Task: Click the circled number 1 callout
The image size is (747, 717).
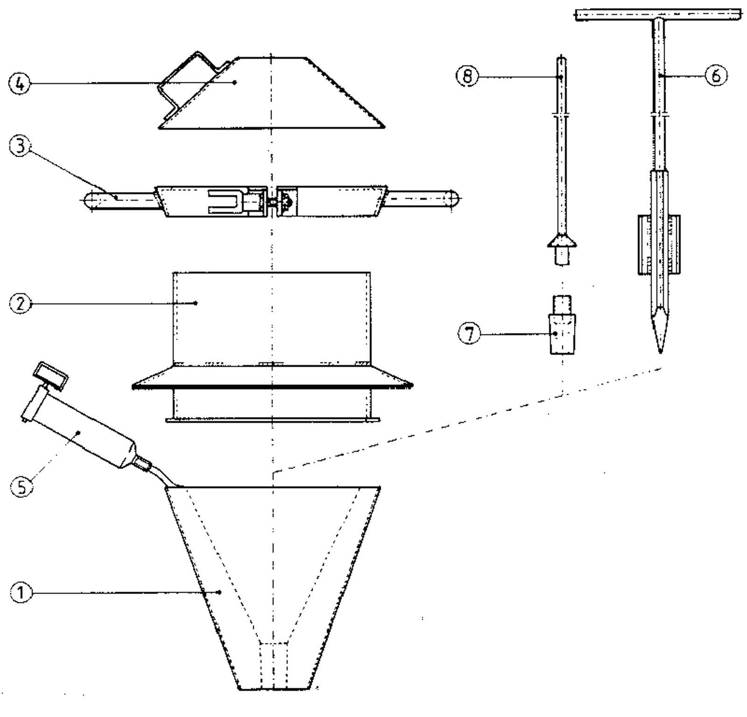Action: [x=20, y=592]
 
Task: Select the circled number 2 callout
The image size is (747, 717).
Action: [x=20, y=304]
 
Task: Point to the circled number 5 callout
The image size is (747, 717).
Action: [x=22, y=487]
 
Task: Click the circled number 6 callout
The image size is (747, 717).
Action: [x=716, y=75]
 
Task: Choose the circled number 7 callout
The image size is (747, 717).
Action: [x=469, y=334]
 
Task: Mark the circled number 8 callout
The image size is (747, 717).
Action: [x=467, y=76]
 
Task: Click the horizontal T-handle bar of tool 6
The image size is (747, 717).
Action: [x=658, y=15]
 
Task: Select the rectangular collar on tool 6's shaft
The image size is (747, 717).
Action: [x=659, y=244]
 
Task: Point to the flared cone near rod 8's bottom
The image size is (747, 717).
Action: [x=562, y=241]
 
